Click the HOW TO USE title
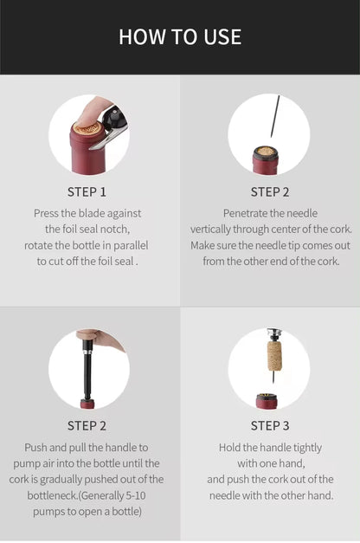coord(180,36)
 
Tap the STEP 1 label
coord(87,191)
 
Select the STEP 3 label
coord(270,425)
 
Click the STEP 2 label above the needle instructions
coord(270,191)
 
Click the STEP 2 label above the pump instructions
coord(87,425)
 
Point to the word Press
coord(48,213)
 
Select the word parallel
coord(129,245)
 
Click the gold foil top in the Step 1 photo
coord(87,129)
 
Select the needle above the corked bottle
coord(273,117)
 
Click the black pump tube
coord(87,372)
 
